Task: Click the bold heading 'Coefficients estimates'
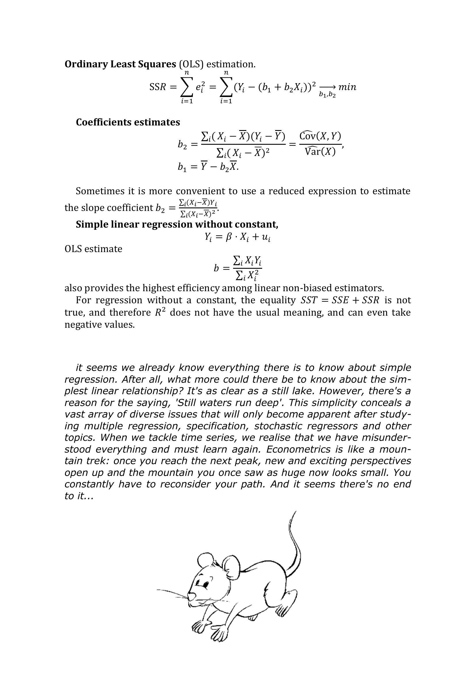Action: point(128,122)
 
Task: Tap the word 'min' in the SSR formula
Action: point(347,87)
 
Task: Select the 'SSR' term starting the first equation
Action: point(158,87)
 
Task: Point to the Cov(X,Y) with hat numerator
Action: point(320,136)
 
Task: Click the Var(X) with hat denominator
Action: point(320,152)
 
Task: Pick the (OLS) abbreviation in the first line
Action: point(191,64)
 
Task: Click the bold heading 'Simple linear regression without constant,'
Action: point(177,224)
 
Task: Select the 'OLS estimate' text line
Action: point(93,249)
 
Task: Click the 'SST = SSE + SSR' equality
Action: point(340,300)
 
